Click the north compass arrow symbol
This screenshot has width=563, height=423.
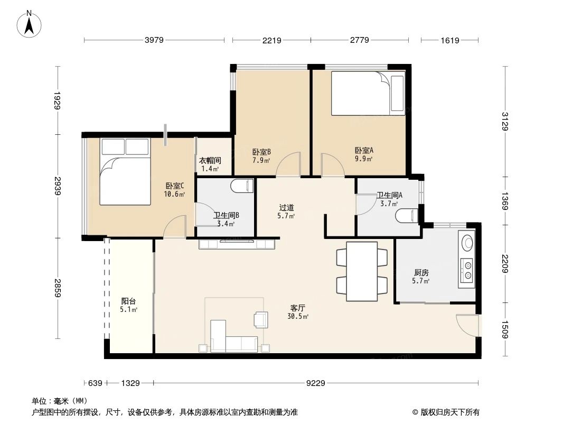[30, 24]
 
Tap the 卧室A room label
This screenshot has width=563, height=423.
[363, 153]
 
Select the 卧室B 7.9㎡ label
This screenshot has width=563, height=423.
[261, 155]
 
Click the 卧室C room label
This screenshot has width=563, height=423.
[175, 189]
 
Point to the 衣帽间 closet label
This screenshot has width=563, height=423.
[210, 164]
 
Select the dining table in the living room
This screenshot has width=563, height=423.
[362, 271]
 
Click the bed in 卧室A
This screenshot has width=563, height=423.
[368, 94]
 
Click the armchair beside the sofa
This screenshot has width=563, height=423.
[259, 319]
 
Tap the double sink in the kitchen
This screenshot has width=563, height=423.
[467, 268]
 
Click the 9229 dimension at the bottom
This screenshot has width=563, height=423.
[316, 383]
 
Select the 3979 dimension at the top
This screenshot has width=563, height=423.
[154, 40]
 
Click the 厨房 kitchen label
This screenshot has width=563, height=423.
[421, 276]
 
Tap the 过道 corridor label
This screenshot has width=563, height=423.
[286, 211]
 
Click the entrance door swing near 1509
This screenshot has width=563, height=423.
[467, 325]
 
